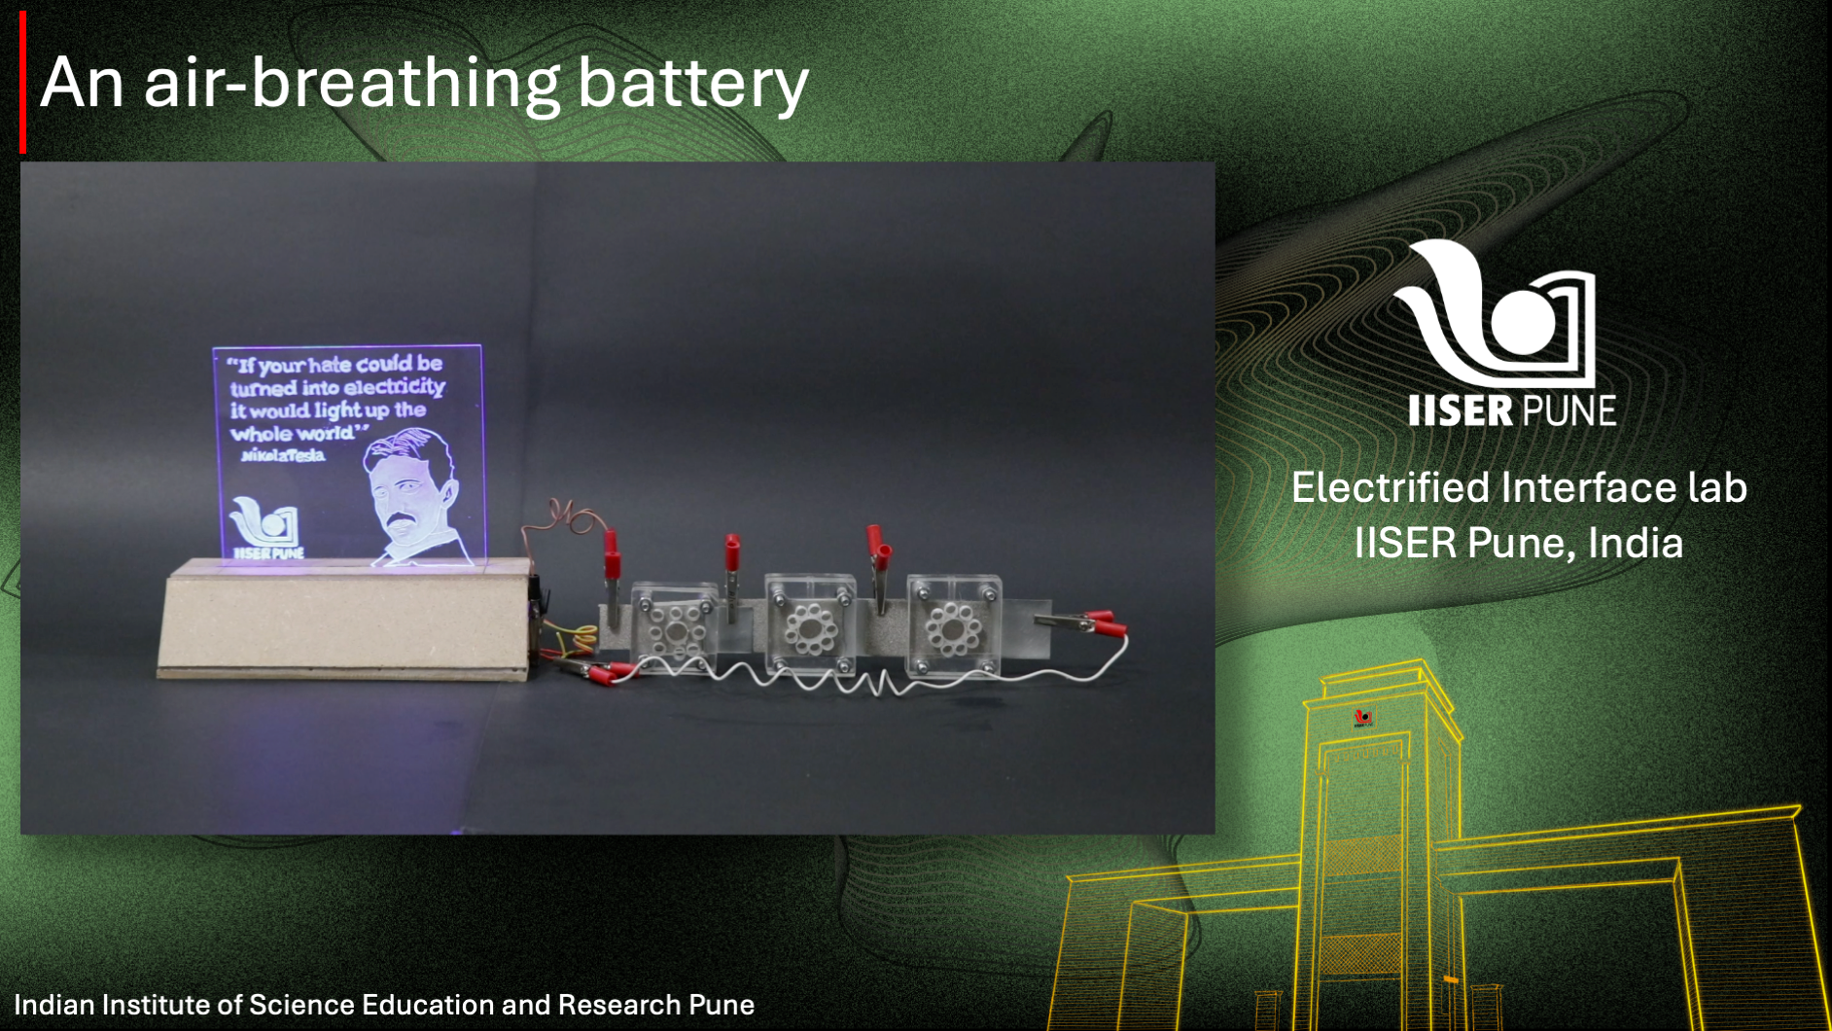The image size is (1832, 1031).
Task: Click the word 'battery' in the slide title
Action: click(x=692, y=85)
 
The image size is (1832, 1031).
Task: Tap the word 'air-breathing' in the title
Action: click(x=352, y=85)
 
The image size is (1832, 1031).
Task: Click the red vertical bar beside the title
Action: click(x=22, y=82)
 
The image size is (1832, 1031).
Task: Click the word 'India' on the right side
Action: click(x=1635, y=543)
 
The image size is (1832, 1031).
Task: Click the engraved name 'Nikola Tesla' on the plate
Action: click(x=283, y=455)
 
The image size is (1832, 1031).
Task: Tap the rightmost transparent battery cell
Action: click(x=952, y=624)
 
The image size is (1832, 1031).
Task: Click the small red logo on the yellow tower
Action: click(x=1363, y=719)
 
